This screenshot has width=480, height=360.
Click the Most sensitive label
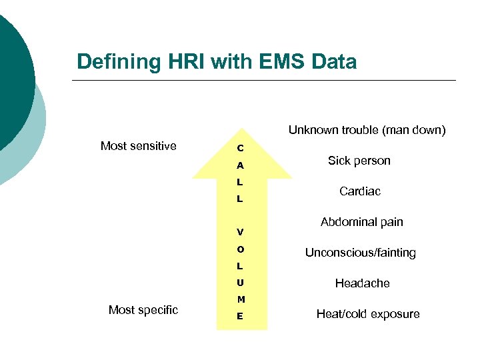138,146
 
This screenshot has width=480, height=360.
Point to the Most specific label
143,310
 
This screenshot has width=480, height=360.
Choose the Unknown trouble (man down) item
367,130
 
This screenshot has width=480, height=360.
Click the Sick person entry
359,161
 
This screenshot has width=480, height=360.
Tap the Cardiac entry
360,191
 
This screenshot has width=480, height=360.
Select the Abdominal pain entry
361,222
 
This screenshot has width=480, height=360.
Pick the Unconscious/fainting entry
360,253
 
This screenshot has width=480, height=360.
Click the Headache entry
362,283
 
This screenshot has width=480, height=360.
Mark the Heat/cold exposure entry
368,314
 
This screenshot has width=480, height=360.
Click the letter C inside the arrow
240,148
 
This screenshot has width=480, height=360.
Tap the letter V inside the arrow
240,233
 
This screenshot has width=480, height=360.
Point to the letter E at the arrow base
240,317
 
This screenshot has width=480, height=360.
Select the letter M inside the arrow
240,299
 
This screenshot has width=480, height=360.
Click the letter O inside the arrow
240,249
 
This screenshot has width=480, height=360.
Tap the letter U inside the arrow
240,283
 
